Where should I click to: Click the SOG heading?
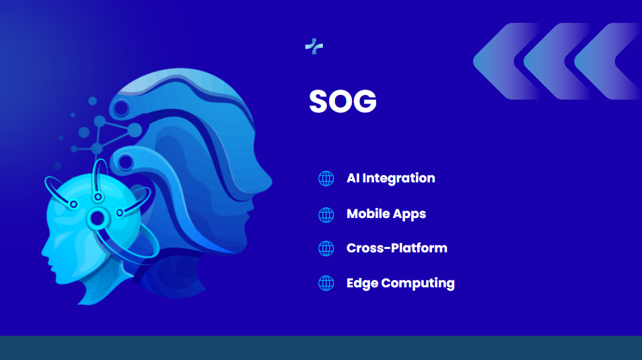tap(343, 101)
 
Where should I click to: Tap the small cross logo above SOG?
tap(314, 46)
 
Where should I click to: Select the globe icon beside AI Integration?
tap(326, 178)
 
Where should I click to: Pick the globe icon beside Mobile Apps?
tap(326, 215)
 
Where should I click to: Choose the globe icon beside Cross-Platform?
tap(326, 248)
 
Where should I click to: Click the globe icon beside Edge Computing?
tap(326, 283)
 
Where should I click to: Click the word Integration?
tap(398, 178)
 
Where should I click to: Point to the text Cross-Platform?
tap(397, 248)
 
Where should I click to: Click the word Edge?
tap(362, 283)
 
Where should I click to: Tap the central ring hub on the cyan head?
tap(98, 218)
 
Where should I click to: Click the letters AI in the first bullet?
tap(353, 178)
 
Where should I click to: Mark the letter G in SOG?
tap(364, 101)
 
